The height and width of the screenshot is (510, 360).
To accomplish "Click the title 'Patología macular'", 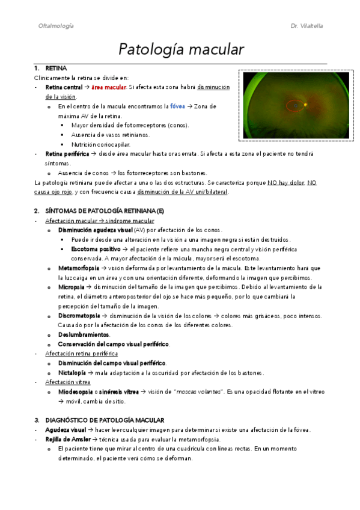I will (x=180, y=48).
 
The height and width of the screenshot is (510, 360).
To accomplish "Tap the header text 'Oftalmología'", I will (x=56, y=26).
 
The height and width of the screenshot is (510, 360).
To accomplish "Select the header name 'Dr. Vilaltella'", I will (x=307, y=26).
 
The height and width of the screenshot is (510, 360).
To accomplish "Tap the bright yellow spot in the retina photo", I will (x=305, y=105).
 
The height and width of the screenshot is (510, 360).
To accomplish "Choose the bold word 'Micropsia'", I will (x=71, y=287).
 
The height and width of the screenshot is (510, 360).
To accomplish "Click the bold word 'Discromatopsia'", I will (x=78, y=316).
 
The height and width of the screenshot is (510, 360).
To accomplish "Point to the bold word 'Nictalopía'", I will (x=73, y=372).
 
